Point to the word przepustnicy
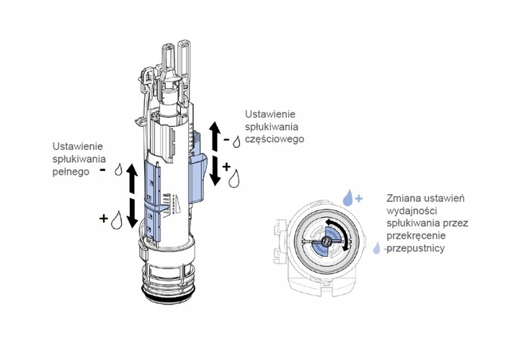[x=419, y=248]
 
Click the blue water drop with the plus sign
[x=348, y=196]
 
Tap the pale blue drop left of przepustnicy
[x=376, y=250]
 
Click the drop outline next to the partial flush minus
[x=237, y=140]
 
